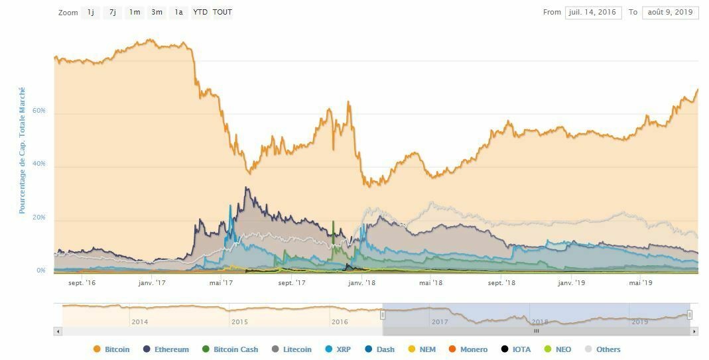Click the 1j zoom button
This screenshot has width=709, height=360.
tap(91, 13)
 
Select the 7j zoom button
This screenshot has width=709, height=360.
tap(113, 13)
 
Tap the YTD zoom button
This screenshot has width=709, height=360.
tap(200, 13)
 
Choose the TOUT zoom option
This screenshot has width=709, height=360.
tap(222, 13)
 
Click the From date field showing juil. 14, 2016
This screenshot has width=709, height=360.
tap(593, 13)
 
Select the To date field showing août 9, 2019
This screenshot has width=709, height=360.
tap(670, 13)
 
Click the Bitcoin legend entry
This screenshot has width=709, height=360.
tap(112, 349)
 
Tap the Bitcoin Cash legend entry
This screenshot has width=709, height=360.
tap(230, 349)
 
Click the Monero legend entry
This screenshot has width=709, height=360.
tap(468, 349)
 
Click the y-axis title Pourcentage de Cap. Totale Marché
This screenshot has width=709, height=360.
tap(22, 150)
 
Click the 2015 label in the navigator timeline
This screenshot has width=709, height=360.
tap(239, 322)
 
